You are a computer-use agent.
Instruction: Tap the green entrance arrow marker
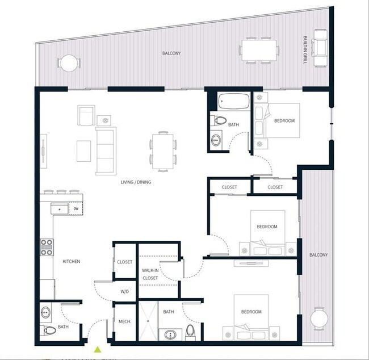tap(98, 350)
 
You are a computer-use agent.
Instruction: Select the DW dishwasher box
tap(76, 209)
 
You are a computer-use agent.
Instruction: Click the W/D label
tap(125, 292)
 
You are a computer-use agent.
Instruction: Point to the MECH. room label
tap(125, 322)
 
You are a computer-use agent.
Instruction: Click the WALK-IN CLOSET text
tap(150, 275)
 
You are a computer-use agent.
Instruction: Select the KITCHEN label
tap(71, 261)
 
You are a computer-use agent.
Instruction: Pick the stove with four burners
tap(47, 248)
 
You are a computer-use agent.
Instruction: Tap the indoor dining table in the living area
tap(163, 150)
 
